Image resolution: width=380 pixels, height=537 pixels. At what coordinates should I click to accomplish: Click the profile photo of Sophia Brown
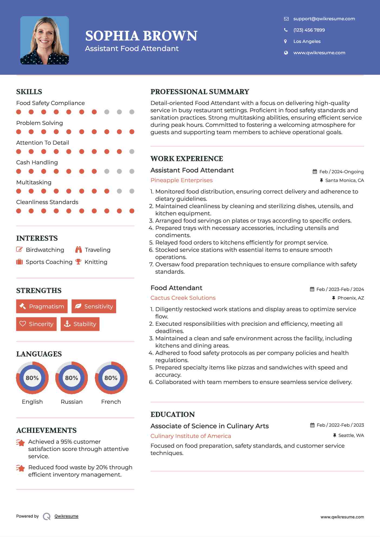(x=45, y=40)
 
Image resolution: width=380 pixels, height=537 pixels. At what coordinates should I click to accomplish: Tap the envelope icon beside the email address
(x=286, y=19)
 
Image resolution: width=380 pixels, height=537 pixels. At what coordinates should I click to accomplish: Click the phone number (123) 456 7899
(x=309, y=30)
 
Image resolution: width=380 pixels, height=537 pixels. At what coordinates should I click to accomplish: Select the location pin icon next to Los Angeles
(x=285, y=41)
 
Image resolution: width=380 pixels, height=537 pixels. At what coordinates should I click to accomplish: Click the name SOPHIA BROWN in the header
(x=141, y=36)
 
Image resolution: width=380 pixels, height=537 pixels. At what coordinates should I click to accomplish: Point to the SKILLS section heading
(x=29, y=92)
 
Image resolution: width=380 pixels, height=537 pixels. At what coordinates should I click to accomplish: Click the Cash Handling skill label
(x=37, y=162)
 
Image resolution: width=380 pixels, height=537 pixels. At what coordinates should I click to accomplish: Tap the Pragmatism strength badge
(x=42, y=306)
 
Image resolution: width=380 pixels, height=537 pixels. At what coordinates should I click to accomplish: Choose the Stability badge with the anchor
(x=80, y=324)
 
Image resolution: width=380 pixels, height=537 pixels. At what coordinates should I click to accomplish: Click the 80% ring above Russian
(x=72, y=378)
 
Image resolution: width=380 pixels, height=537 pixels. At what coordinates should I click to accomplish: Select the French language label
(x=111, y=402)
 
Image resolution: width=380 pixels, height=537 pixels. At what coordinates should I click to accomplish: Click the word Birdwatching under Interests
(x=45, y=250)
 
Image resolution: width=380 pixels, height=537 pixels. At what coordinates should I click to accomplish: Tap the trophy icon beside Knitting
(x=78, y=262)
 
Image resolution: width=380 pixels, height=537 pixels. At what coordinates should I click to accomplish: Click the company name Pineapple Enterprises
(x=181, y=180)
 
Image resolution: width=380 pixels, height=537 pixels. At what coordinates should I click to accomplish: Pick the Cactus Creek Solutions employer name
(x=183, y=298)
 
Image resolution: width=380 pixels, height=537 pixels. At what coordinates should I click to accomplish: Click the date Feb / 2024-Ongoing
(x=341, y=172)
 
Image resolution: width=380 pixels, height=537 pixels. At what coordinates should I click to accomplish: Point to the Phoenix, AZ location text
(x=351, y=298)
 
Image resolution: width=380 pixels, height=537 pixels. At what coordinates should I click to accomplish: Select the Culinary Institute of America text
(x=191, y=436)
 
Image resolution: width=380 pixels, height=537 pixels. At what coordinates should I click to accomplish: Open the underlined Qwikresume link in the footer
(x=66, y=516)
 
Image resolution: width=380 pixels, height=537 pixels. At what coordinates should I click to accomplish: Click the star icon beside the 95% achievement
(x=21, y=443)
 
